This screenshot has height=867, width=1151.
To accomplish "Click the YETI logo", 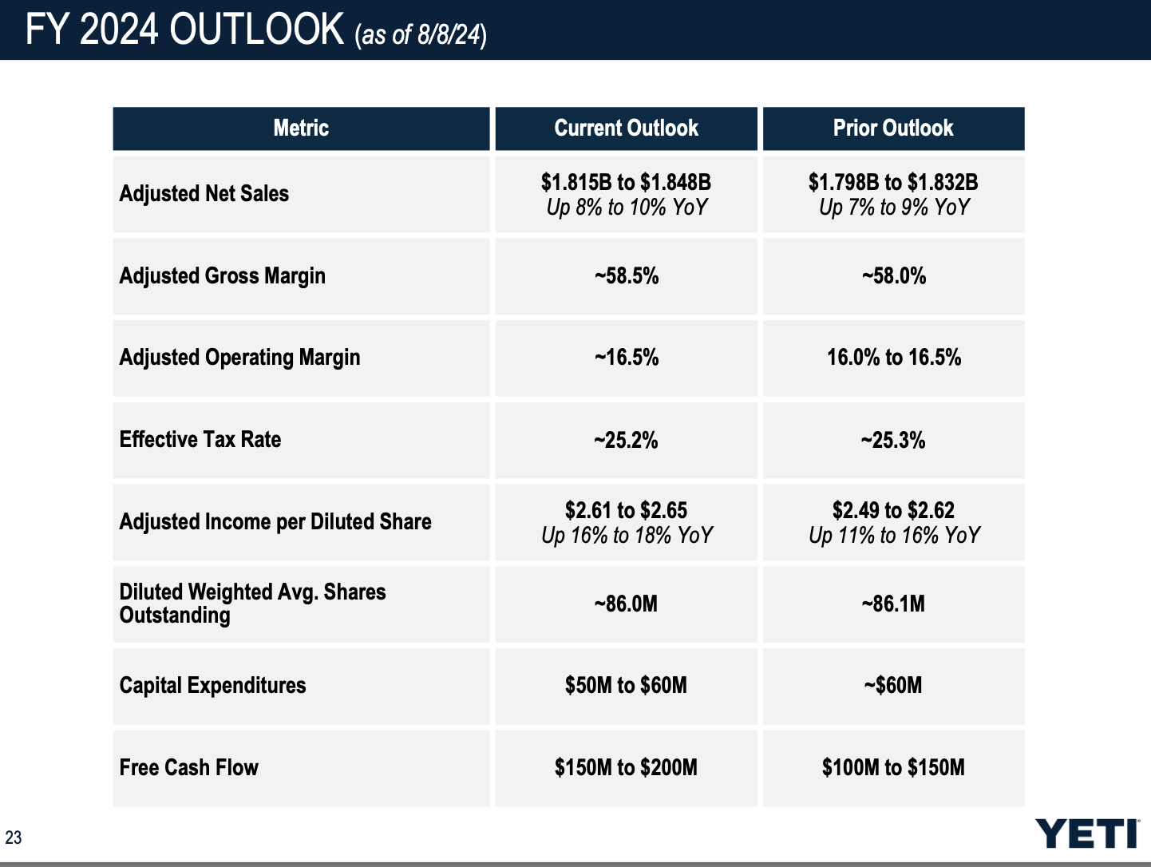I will (x=1087, y=833).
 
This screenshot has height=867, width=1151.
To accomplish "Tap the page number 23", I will (x=14, y=837).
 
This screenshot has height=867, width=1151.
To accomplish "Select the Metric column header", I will (x=301, y=129).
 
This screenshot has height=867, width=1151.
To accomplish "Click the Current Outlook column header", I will (x=626, y=129).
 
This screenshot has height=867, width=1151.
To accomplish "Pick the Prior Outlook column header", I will (x=893, y=129).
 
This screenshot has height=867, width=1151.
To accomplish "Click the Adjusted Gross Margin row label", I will (x=223, y=276).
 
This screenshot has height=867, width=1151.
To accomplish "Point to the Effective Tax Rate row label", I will (x=200, y=440).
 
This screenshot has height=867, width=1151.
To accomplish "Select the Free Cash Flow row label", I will (x=189, y=768).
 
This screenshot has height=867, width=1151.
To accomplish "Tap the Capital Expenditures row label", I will (x=213, y=686).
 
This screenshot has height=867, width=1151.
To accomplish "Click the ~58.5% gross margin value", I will (x=627, y=276).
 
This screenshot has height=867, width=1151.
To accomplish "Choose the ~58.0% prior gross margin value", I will (x=894, y=276).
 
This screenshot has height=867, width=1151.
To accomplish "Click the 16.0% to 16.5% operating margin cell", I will (x=894, y=358).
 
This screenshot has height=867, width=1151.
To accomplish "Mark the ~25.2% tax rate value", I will (x=626, y=440).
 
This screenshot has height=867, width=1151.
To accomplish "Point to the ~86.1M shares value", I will (x=893, y=604).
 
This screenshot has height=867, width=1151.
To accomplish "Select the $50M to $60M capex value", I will (x=626, y=686).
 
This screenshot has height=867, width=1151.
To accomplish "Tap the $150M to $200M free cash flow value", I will (x=626, y=768).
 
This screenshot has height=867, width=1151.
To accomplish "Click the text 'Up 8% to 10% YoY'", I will (x=627, y=208).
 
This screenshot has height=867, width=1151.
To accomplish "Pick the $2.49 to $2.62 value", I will (x=893, y=510).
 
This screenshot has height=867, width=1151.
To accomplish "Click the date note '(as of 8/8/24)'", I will (x=421, y=34).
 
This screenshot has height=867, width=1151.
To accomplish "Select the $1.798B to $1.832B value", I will (x=893, y=182).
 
